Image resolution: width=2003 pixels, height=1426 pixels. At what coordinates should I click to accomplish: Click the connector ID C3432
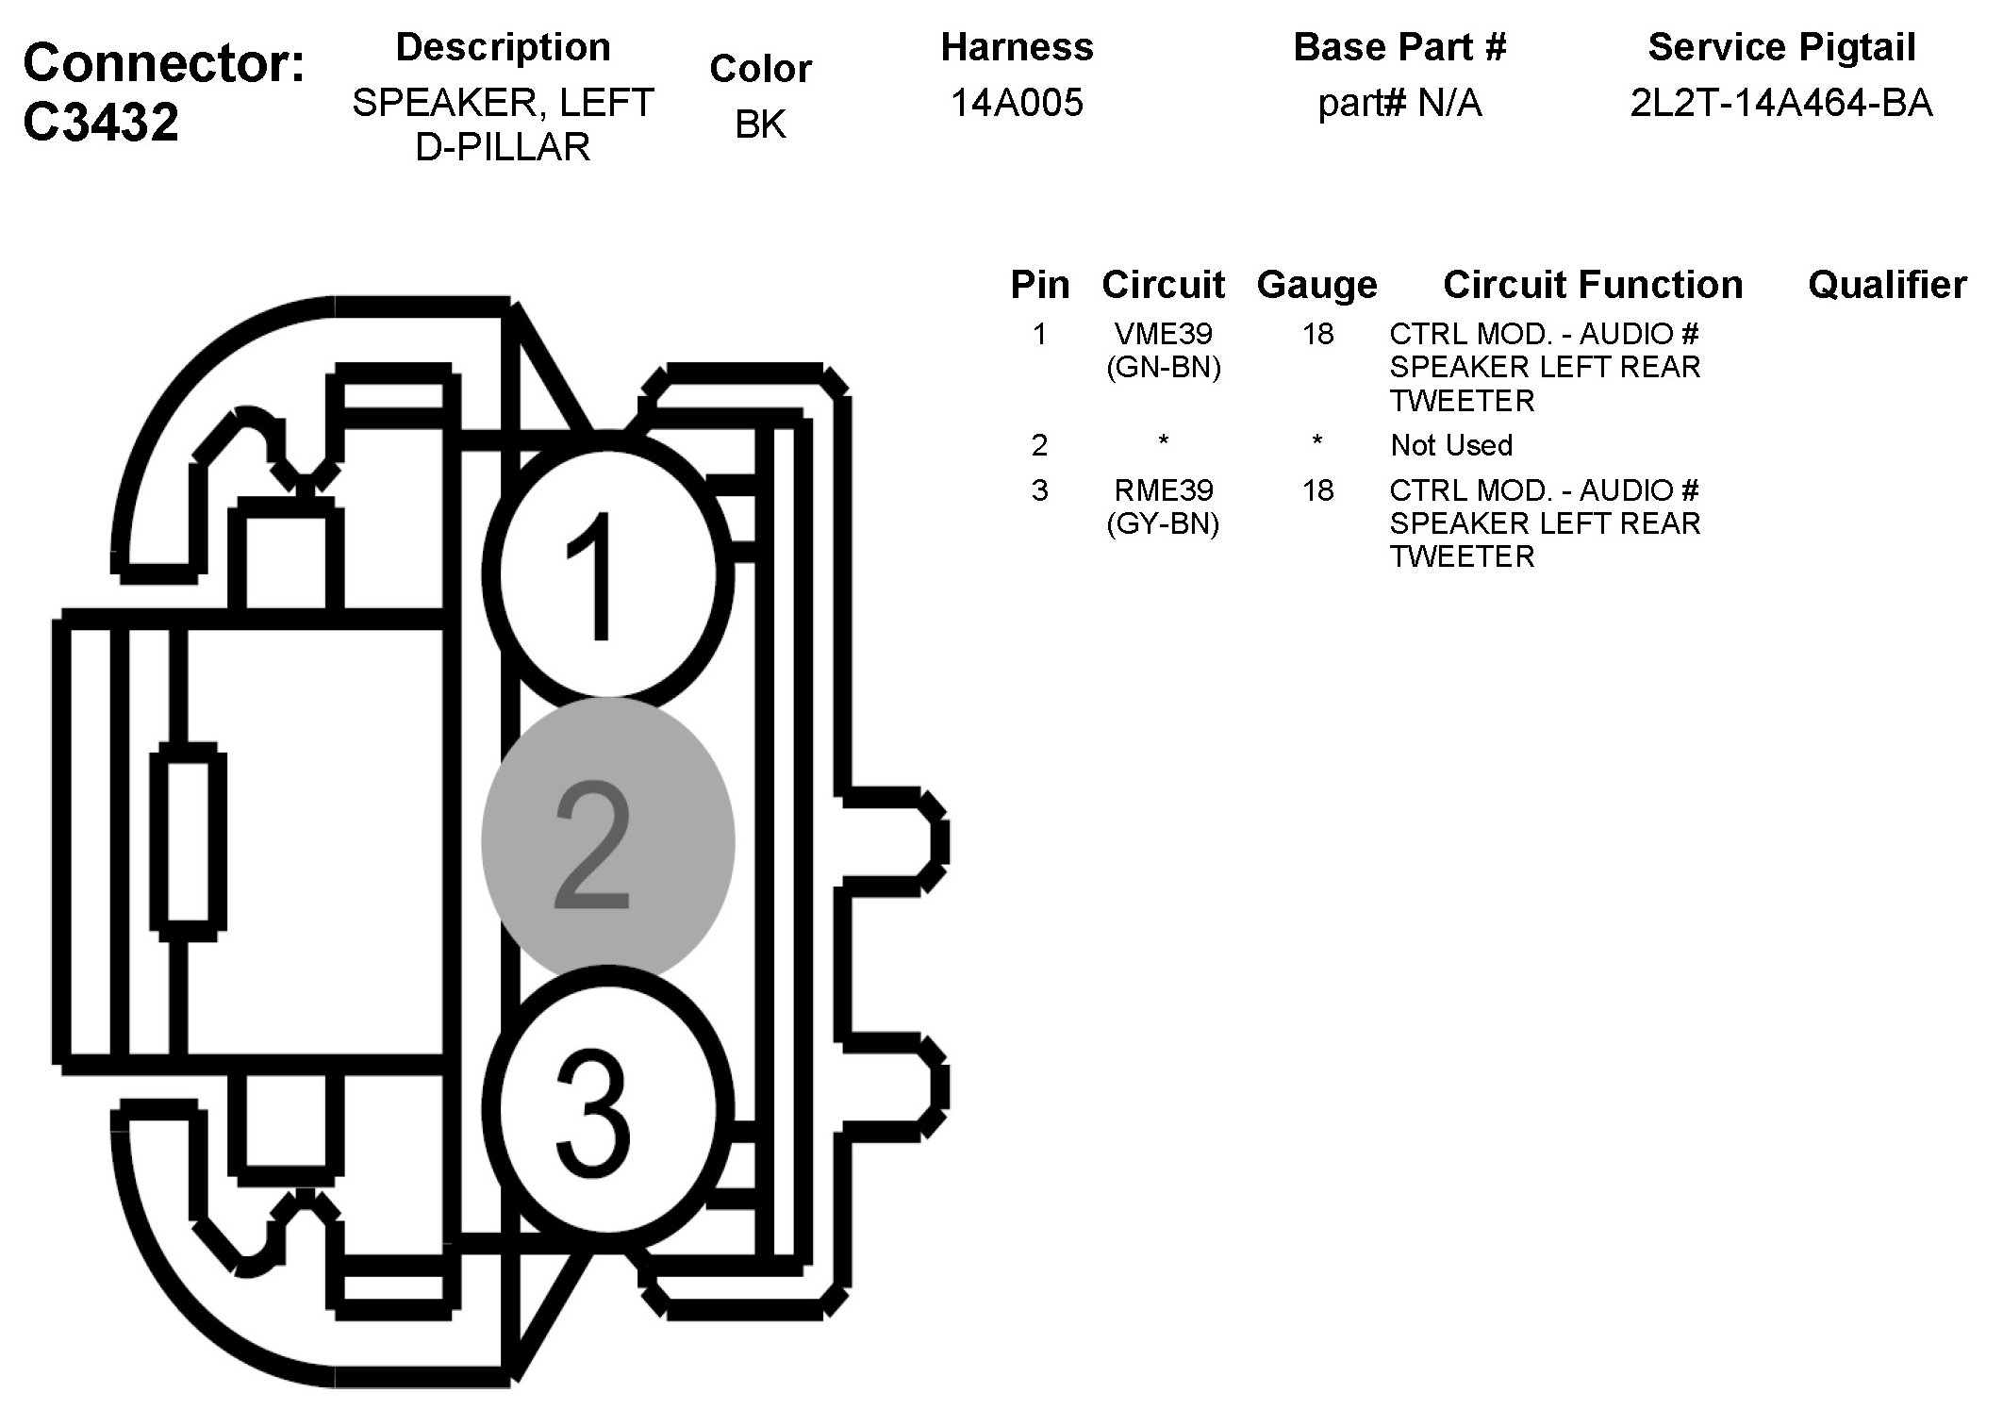coord(101,123)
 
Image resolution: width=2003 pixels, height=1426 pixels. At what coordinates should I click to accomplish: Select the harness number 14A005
coord(1017,103)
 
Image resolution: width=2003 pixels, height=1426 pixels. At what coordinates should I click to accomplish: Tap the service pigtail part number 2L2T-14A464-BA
coord(1780,103)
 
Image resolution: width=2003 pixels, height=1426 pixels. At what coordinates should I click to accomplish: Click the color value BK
coord(760,124)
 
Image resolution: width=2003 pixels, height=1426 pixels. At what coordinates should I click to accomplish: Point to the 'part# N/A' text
coord(1399,103)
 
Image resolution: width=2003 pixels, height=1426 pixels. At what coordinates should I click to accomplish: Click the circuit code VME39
coord(1163,334)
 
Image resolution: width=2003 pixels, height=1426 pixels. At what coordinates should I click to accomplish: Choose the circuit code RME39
coord(1163,490)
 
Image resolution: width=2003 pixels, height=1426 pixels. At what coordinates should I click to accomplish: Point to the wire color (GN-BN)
coord(1163,367)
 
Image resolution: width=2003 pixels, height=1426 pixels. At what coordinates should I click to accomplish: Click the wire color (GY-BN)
coord(1163,523)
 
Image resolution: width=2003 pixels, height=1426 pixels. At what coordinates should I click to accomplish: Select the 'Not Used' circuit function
coord(1451,445)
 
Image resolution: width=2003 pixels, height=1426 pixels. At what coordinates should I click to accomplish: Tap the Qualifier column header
coord(1887,285)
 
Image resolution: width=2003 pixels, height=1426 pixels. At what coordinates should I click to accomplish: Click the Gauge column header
coord(1316,285)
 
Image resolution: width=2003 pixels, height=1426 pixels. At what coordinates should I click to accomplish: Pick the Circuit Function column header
coord(1593,285)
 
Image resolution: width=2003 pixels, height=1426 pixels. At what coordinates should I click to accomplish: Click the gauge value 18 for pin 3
coord(1317,490)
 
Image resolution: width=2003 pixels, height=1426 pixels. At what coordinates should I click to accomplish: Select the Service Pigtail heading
coord(1781,47)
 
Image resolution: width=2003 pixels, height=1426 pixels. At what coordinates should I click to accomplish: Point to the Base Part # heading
coord(1399,47)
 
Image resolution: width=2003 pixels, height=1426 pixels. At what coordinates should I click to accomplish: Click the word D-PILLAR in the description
coord(503,147)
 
